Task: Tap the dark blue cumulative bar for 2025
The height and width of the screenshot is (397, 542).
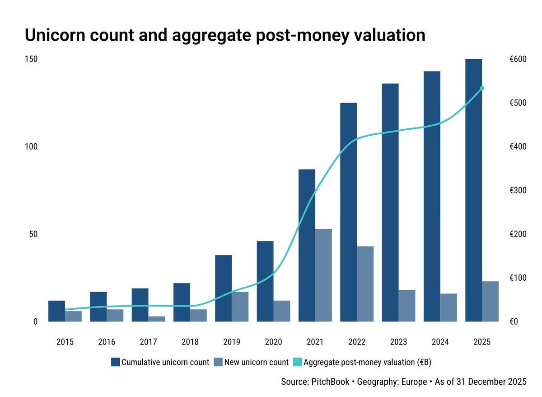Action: click(473, 190)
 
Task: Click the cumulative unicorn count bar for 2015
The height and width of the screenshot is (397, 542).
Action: click(56, 311)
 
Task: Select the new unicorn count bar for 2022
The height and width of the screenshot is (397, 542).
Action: click(365, 284)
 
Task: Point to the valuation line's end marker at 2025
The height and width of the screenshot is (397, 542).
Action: click(482, 88)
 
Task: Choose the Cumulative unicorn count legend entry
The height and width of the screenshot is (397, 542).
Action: click(160, 362)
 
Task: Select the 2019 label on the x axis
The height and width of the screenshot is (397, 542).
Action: click(232, 342)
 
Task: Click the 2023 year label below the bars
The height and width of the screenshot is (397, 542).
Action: click(398, 342)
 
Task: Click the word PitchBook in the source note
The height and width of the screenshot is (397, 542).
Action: click(330, 382)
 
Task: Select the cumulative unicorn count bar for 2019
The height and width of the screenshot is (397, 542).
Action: click(224, 288)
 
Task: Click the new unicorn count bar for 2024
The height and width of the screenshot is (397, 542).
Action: click(449, 307)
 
